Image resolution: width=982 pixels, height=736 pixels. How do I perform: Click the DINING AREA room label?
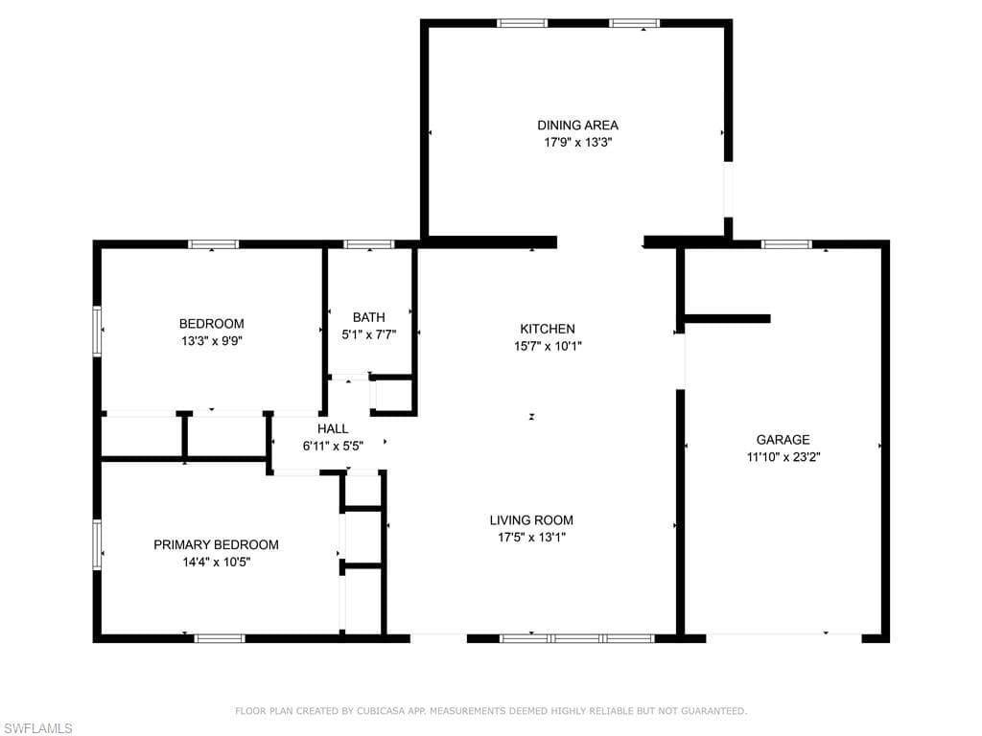coord(577,126)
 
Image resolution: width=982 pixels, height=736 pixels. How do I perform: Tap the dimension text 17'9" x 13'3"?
coord(577,142)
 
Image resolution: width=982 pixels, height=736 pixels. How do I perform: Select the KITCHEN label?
coord(548,329)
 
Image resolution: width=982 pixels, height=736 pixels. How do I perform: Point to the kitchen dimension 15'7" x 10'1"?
coord(548,345)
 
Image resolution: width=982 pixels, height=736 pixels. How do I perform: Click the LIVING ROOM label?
coord(531,520)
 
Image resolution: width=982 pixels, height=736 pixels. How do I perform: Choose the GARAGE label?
coord(783,439)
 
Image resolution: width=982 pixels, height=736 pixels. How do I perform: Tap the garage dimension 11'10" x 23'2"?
coord(783,457)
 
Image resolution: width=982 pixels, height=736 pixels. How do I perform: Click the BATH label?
coord(369,317)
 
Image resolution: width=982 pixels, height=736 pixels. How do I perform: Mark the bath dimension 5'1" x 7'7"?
coord(369,334)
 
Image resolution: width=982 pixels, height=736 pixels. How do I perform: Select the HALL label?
coord(333,428)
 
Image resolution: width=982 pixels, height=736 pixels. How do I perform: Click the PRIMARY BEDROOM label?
coord(216,544)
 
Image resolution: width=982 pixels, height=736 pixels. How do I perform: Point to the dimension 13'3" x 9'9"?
coord(212,341)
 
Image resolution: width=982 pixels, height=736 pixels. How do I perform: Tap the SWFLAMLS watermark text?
coord(37,728)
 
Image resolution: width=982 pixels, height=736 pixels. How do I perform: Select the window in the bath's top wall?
coord(369,244)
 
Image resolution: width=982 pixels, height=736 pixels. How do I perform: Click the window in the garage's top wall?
coord(786,244)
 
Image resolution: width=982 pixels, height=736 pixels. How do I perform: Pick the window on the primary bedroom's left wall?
coord(97,544)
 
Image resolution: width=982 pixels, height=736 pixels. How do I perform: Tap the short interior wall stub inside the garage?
coord(727,318)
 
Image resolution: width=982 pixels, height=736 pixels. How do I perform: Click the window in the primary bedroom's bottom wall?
coord(220,638)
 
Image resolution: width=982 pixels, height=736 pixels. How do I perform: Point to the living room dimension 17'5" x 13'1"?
coord(531,537)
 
